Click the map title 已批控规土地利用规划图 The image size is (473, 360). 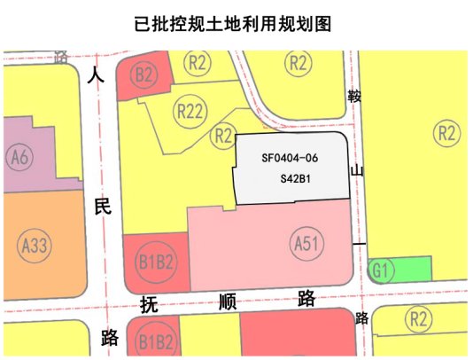pos(237,23)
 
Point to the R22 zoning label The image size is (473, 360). pos(190,111)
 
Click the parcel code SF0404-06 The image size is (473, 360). pos(290,159)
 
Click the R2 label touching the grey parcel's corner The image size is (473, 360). pos(224,135)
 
